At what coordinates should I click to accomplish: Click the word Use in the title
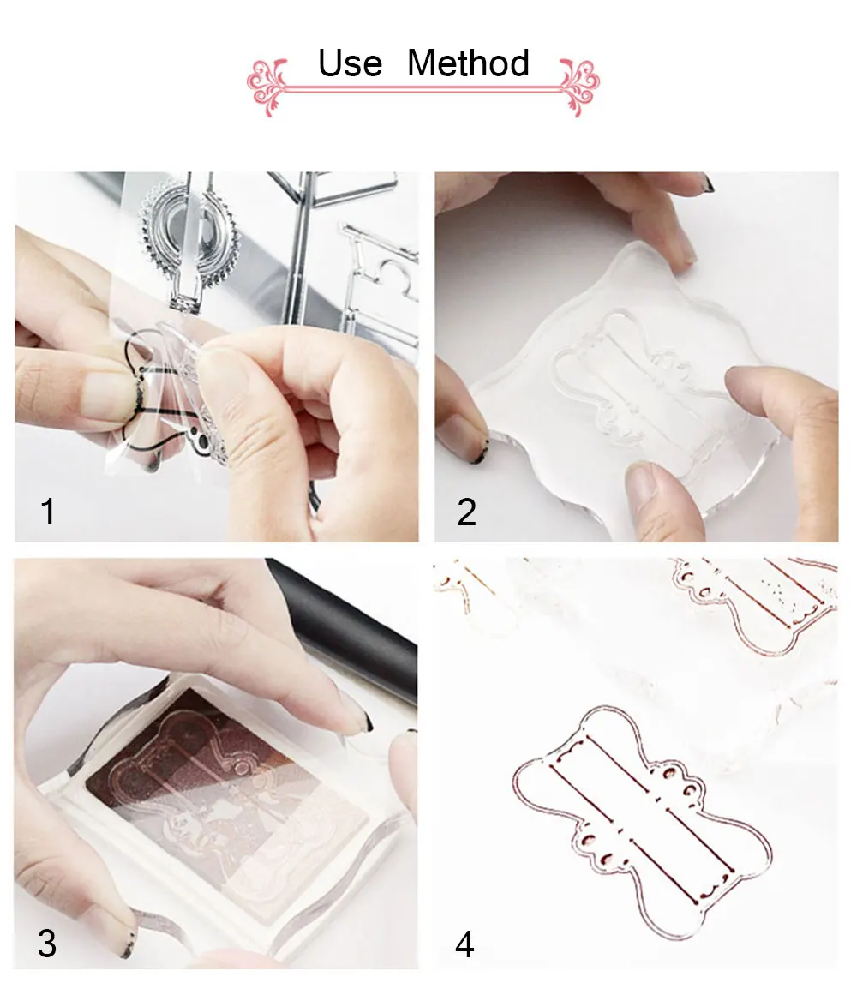(x=351, y=63)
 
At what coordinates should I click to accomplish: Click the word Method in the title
(x=468, y=63)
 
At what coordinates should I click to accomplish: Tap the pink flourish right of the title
(x=578, y=87)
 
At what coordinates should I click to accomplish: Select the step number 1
(x=48, y=512)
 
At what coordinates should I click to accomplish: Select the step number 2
(x=466, y=512)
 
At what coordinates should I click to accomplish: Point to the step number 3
(x=47, y=944)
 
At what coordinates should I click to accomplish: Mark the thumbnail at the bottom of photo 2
(x=644, y=483)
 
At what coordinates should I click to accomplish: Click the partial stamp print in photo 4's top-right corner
(x=755, y=602)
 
